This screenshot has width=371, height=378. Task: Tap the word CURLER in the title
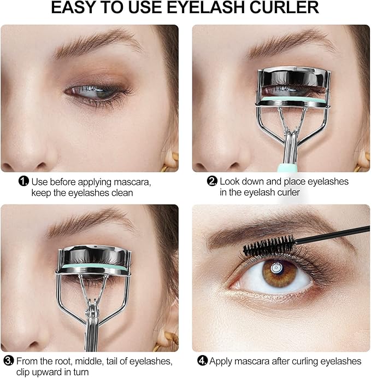pyautogui.click(x=285, y=8)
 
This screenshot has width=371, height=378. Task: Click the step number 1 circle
pyautogui.click(x=23, y=181)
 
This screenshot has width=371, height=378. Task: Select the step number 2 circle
pyautogui.click(x=213, y=181)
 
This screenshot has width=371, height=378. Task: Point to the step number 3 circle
pyautogui.click(x=9, y=360)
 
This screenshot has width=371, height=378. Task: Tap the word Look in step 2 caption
pyautogui.click(x=230, y=181)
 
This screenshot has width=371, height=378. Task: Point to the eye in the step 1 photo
pyautogui.click(x=96, y=90)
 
